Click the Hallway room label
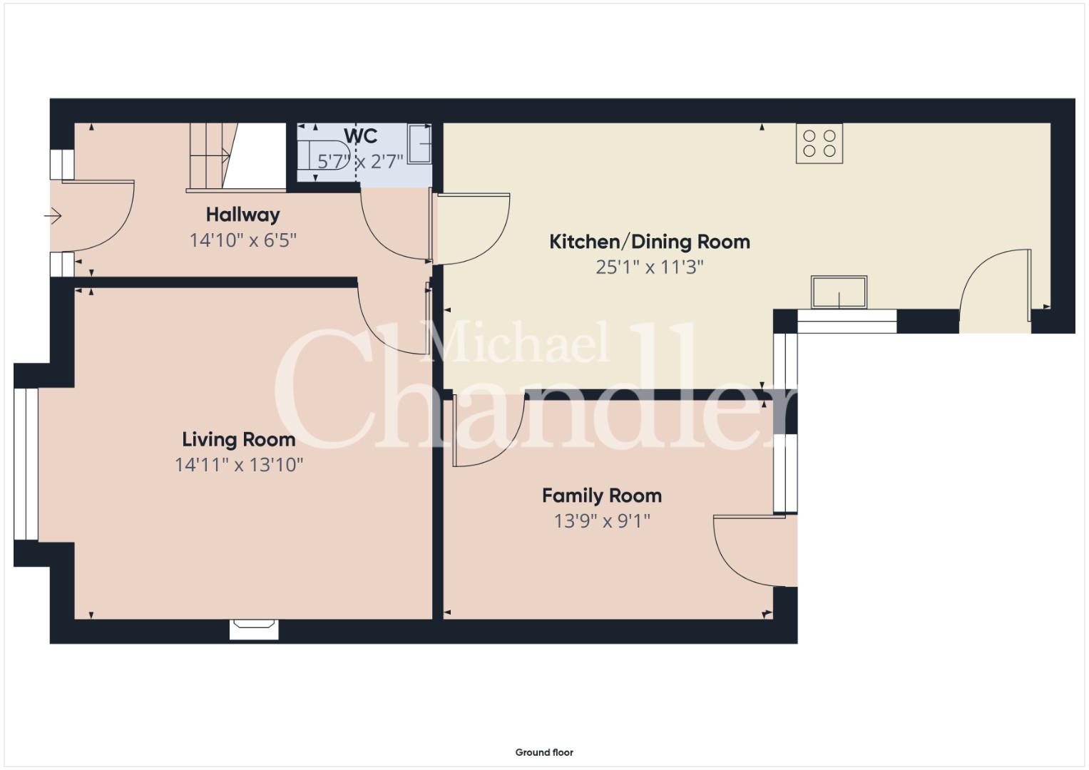pyautogui.click(x=242, y=215)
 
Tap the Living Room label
pyautogui.click(x=239, y=439)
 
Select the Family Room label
pyautogui.click(x=602, y=496)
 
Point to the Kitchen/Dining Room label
pyautogui.click(x=650, y=242)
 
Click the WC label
pyautogui.click(x=360, y=136)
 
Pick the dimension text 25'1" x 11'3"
pyautogui.click(x=650, y=267)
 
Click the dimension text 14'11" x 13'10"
pyautogui.click(x=239, y=465)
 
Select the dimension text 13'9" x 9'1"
pyautogui.click(x=602, y=521)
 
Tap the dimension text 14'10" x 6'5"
pyautogui.click(x=242, y=240)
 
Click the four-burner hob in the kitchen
pyautogui.click(x=819, y=143)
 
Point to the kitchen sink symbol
pyautogui.click(x=839, y=292)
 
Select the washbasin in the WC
pyautogui.click(x=419, y=143)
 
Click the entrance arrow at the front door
pyautogui.click(x=53, y=215)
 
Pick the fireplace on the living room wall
pyautogui.click(x=254, y=630)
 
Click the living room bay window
pyautogui.click(x=26, y=464)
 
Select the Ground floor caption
pyautogui.click(x=544, y=752)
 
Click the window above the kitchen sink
pyautogui.click(x=847, y=322)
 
